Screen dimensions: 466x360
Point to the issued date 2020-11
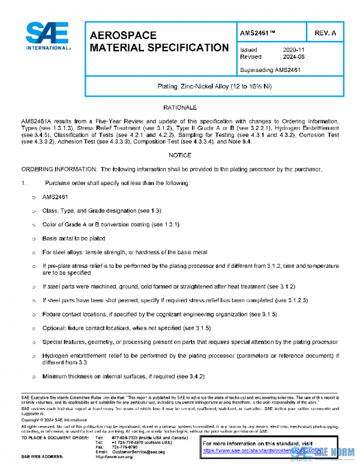coord(293,50)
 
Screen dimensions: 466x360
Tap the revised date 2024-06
coord(293,57)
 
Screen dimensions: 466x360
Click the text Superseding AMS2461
coord(270,70)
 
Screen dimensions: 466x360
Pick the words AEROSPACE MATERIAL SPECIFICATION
coord(158,41)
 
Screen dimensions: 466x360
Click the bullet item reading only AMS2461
coord(56,197)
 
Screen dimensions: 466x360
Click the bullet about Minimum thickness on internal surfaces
coord(123,377)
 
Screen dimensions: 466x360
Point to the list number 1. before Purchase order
coord(23,183)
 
